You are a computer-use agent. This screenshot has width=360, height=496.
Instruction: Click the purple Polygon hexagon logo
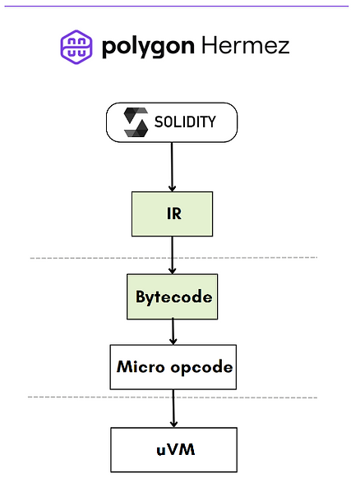pos(76,47)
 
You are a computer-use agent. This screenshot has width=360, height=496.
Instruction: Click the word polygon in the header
pos(148,48)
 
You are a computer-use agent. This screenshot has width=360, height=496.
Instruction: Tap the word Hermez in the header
pos(246,45)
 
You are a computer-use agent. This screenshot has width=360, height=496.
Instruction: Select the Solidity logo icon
pos(136,122)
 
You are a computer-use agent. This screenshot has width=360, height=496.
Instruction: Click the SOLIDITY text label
pos(185,122)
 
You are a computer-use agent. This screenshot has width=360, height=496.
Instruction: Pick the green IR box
pos(173,214)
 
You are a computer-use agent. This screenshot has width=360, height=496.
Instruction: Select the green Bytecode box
pos(173,296)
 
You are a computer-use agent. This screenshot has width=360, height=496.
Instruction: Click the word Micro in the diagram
pos(141,367)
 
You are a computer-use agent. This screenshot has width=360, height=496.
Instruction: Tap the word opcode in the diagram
pos(201,368)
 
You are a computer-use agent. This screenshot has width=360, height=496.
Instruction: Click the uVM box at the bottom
pos(173,450)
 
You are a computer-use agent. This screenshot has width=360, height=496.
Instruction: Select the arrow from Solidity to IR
pos(172,167)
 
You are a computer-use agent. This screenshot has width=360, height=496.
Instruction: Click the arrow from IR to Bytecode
pos(173,255)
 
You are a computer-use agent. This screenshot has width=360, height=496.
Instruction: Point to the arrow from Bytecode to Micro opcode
pos(173,332)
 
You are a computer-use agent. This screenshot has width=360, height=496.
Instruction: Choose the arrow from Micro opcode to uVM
pos(173,408)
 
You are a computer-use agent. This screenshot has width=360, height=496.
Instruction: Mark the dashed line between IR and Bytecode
pos(173,258)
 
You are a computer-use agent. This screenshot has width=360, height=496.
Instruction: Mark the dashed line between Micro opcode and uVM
pos(173,397)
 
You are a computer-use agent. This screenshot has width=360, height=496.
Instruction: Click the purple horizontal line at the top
pos(177,6)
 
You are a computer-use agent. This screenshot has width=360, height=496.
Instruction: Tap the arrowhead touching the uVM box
pos(173,424)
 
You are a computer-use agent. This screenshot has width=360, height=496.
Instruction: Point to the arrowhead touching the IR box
pos(172,188)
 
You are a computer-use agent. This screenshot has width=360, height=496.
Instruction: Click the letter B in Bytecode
pos(141,296)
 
